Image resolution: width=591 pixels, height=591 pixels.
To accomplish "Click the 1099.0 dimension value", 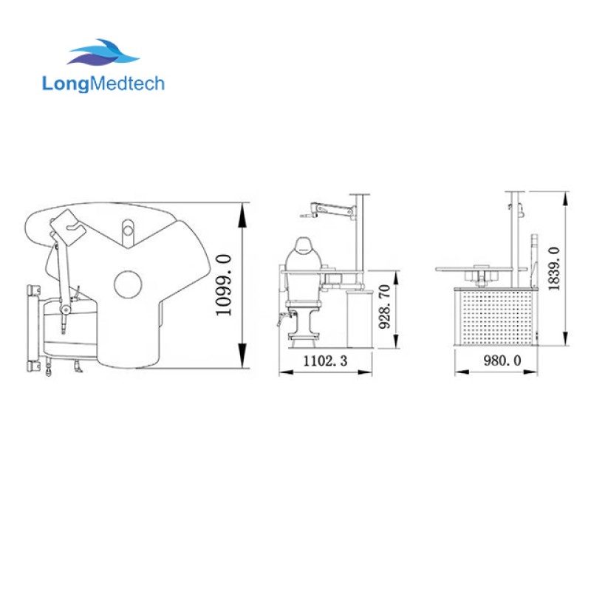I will (224, 284).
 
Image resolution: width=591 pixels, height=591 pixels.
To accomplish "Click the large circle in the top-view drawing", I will (128, 284).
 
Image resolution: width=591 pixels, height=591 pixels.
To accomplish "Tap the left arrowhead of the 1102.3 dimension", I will (284, 372).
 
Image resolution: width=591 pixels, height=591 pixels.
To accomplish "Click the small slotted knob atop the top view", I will (129, 231).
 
